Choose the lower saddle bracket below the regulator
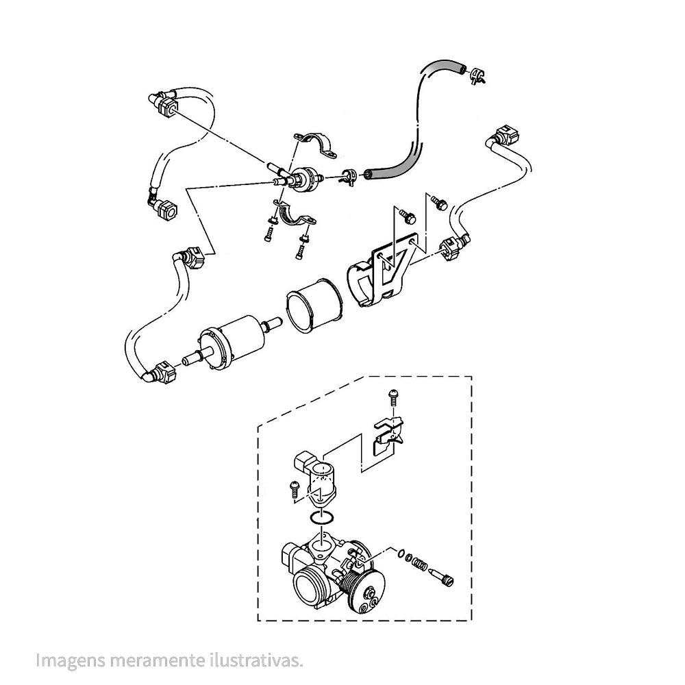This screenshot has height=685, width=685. tap(295, 214)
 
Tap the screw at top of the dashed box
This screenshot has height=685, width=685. tap(393, 397)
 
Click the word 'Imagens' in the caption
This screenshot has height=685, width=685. tap(71, 660)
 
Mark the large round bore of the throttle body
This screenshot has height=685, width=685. tap(310, 587)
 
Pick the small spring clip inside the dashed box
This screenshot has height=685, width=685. tap(388, 437)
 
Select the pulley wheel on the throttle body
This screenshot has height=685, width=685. tap(368, 593)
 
